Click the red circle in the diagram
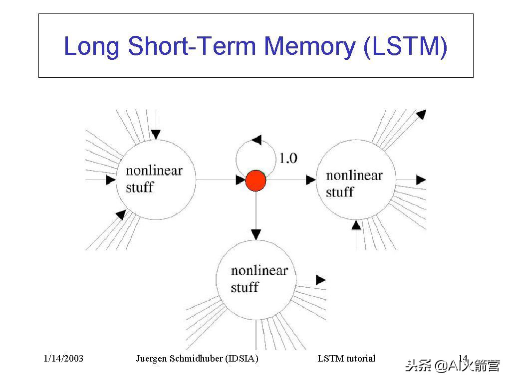click(255, 181)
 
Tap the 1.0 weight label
click(288, 159)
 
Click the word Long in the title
click(92, 46)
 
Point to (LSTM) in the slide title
click(406, 46)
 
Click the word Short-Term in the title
click(192, 46)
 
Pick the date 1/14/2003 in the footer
click(63, 359)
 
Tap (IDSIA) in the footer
click(242, 359)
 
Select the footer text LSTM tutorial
click(346, 359)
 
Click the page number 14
click(463, 358)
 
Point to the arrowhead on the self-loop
click(256, 140)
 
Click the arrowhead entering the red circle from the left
click(241, 180)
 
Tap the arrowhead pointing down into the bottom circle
click(256, 233)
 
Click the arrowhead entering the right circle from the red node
click(311, 180)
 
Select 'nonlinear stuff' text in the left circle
click(154, 179)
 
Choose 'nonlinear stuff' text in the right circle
click(354, 184)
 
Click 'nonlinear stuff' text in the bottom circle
click(259, 279)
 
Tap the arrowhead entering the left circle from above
click(156, 134)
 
